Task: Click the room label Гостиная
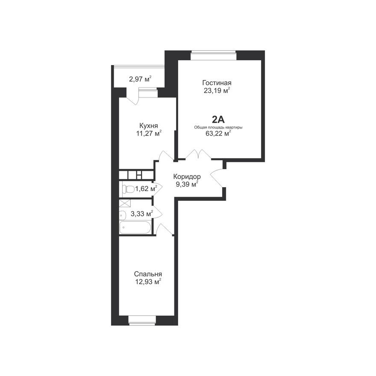[x=217, y=83]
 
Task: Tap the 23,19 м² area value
[x=217, y=90]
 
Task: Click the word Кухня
[x=149, y=126]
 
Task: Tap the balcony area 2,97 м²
[x=140, y=79]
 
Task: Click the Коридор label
[x=187, y=177]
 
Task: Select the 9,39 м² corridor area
[x=187, y=185]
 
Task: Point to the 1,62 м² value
[x=146, y=188]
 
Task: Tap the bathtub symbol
[x=135, y=227]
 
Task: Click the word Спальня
[x=148, y=274]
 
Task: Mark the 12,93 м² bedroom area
[x=148, y=282]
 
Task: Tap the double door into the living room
[x=198, y=155]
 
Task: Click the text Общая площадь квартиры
[x=218, y=127]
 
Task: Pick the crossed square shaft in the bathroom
[x=124, y=204]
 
